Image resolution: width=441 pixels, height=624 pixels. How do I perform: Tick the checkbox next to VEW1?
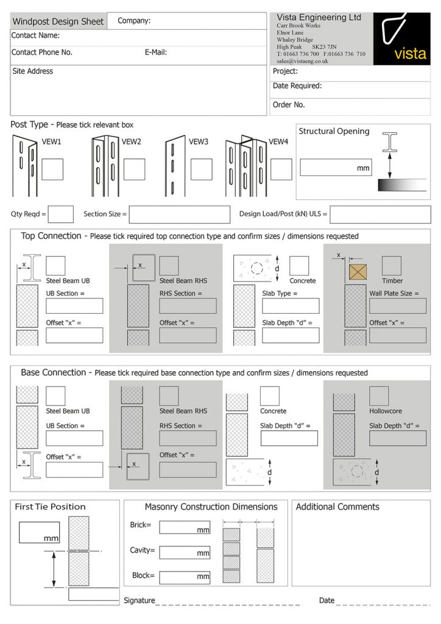click(x=52, y=169)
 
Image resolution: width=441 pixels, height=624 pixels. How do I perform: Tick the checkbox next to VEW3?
click(x=200, y=169)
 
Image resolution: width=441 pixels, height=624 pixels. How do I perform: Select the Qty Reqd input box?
click(x=60, y=214)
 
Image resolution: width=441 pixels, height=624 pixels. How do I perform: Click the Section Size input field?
click(x=179, y=214)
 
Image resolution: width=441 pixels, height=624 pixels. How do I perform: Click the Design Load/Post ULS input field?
click(x=380, y=214)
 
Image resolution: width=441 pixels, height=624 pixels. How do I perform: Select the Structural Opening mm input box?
click(x=335, y=168)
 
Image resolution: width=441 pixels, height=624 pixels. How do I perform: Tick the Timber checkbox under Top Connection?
click(x=392, y=266)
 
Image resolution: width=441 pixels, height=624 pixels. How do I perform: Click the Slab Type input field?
click(x=291, y=306)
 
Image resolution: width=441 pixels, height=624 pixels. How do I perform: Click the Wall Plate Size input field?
click(x=397, y=306)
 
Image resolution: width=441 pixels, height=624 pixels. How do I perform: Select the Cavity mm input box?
click(x=185, y=552)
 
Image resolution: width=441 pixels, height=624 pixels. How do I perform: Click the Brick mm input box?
click(x=185, y=527)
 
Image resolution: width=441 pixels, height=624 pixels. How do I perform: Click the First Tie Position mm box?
click(x=39, y=533)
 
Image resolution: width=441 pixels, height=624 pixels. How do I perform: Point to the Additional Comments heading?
click(x=337, y=507)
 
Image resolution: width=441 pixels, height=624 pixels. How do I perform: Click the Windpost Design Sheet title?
click(x=58, y=22)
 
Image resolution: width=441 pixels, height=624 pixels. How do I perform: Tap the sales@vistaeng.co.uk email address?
click(x=302, y=62)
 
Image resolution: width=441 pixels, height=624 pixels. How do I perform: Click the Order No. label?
click(x=289, y=105)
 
